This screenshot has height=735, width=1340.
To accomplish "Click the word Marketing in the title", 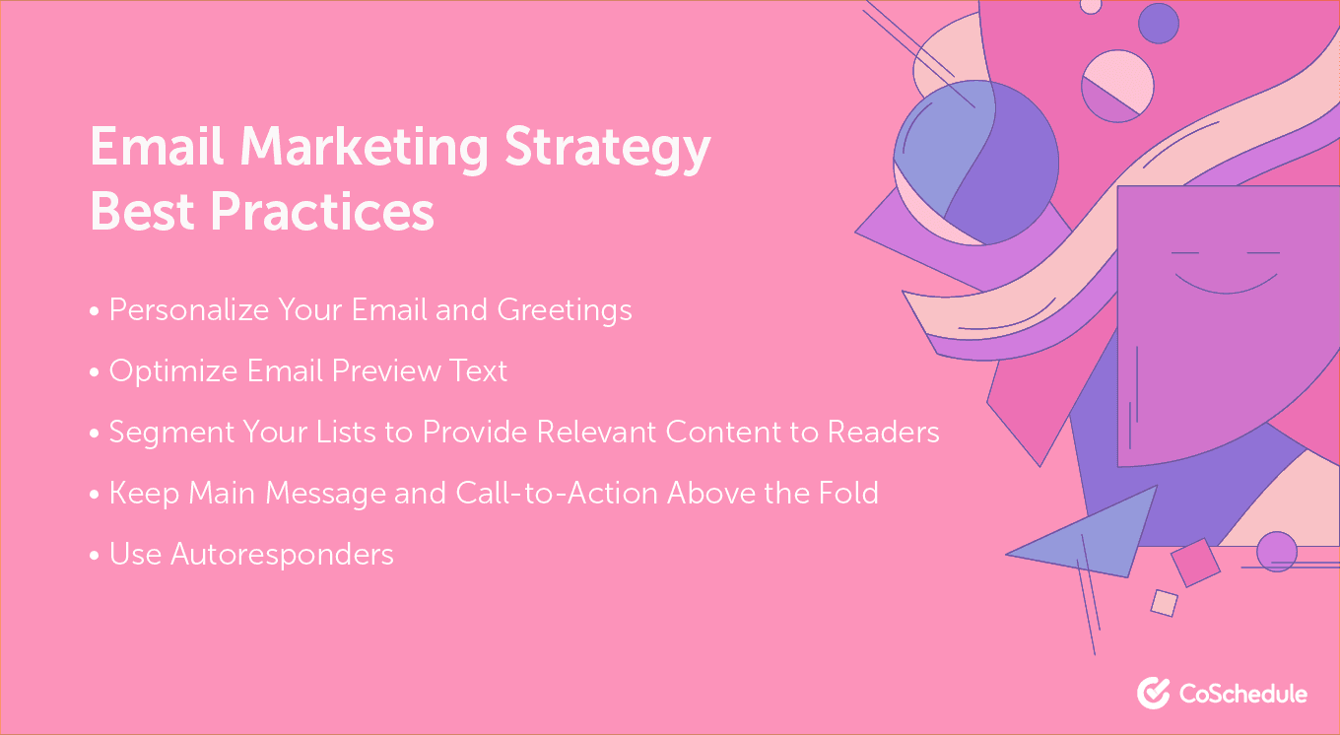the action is tap(365, 148).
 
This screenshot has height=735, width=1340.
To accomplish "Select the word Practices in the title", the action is tap(322, 211).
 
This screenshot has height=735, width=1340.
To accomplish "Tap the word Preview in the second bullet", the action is tap(386, 370).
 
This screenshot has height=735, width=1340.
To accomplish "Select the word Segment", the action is tap(171, 433).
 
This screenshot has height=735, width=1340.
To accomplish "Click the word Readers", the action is tap(884, 432).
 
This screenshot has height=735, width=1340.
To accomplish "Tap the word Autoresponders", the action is tap(283, 555).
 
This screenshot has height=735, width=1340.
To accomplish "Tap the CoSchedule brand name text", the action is tap(1243, 694).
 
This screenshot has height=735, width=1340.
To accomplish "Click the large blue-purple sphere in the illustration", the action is tap(975, 163).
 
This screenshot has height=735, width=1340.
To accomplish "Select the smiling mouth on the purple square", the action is tap(1226, 284).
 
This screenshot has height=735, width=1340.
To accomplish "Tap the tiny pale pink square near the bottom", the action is tap(1165, 603).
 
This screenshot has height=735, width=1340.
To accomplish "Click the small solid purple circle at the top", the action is tap(1159, 24).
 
